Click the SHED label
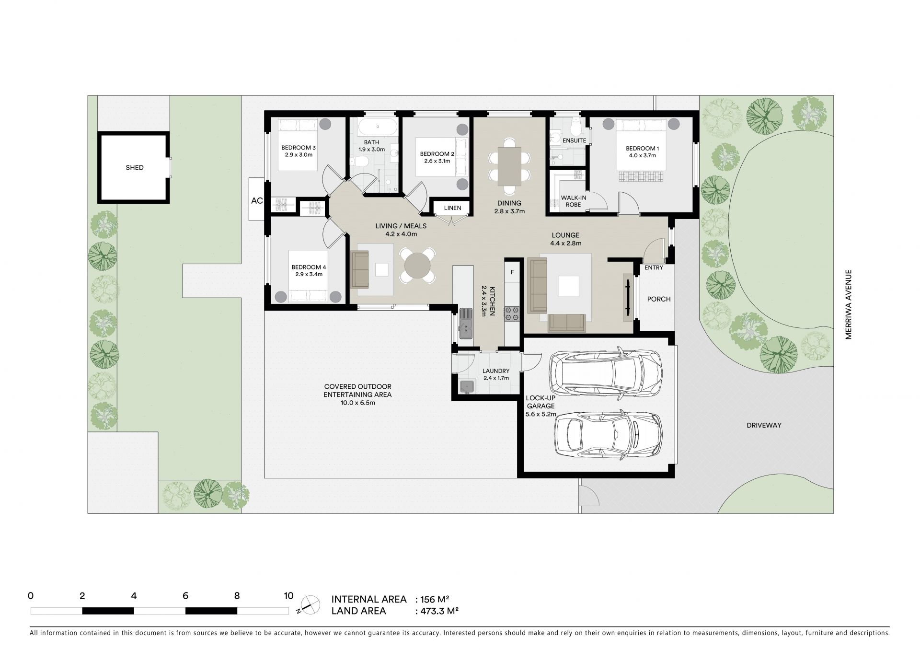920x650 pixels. [x=135, y=168]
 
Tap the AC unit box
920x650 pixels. [x=256, y=199]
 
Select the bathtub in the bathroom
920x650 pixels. [x=378, y=127]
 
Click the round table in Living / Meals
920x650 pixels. [x=417, y=265]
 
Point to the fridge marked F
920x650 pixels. [x=512, y=272]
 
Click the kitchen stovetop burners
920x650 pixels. [x=512, y=313]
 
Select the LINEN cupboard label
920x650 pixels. [x=453, y=208]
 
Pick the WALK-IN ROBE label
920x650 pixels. [x=574, y=201]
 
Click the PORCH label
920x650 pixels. [x=659, y=299]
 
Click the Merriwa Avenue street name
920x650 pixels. [x=849, y=305]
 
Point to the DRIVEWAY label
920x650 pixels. [x=764, y=425]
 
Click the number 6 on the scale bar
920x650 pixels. [x=185, y=596]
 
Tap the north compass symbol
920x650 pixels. [x=310, y=604]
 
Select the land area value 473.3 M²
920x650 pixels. [x=439, y=611]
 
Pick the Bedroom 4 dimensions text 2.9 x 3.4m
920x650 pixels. [x=309, y=275]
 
